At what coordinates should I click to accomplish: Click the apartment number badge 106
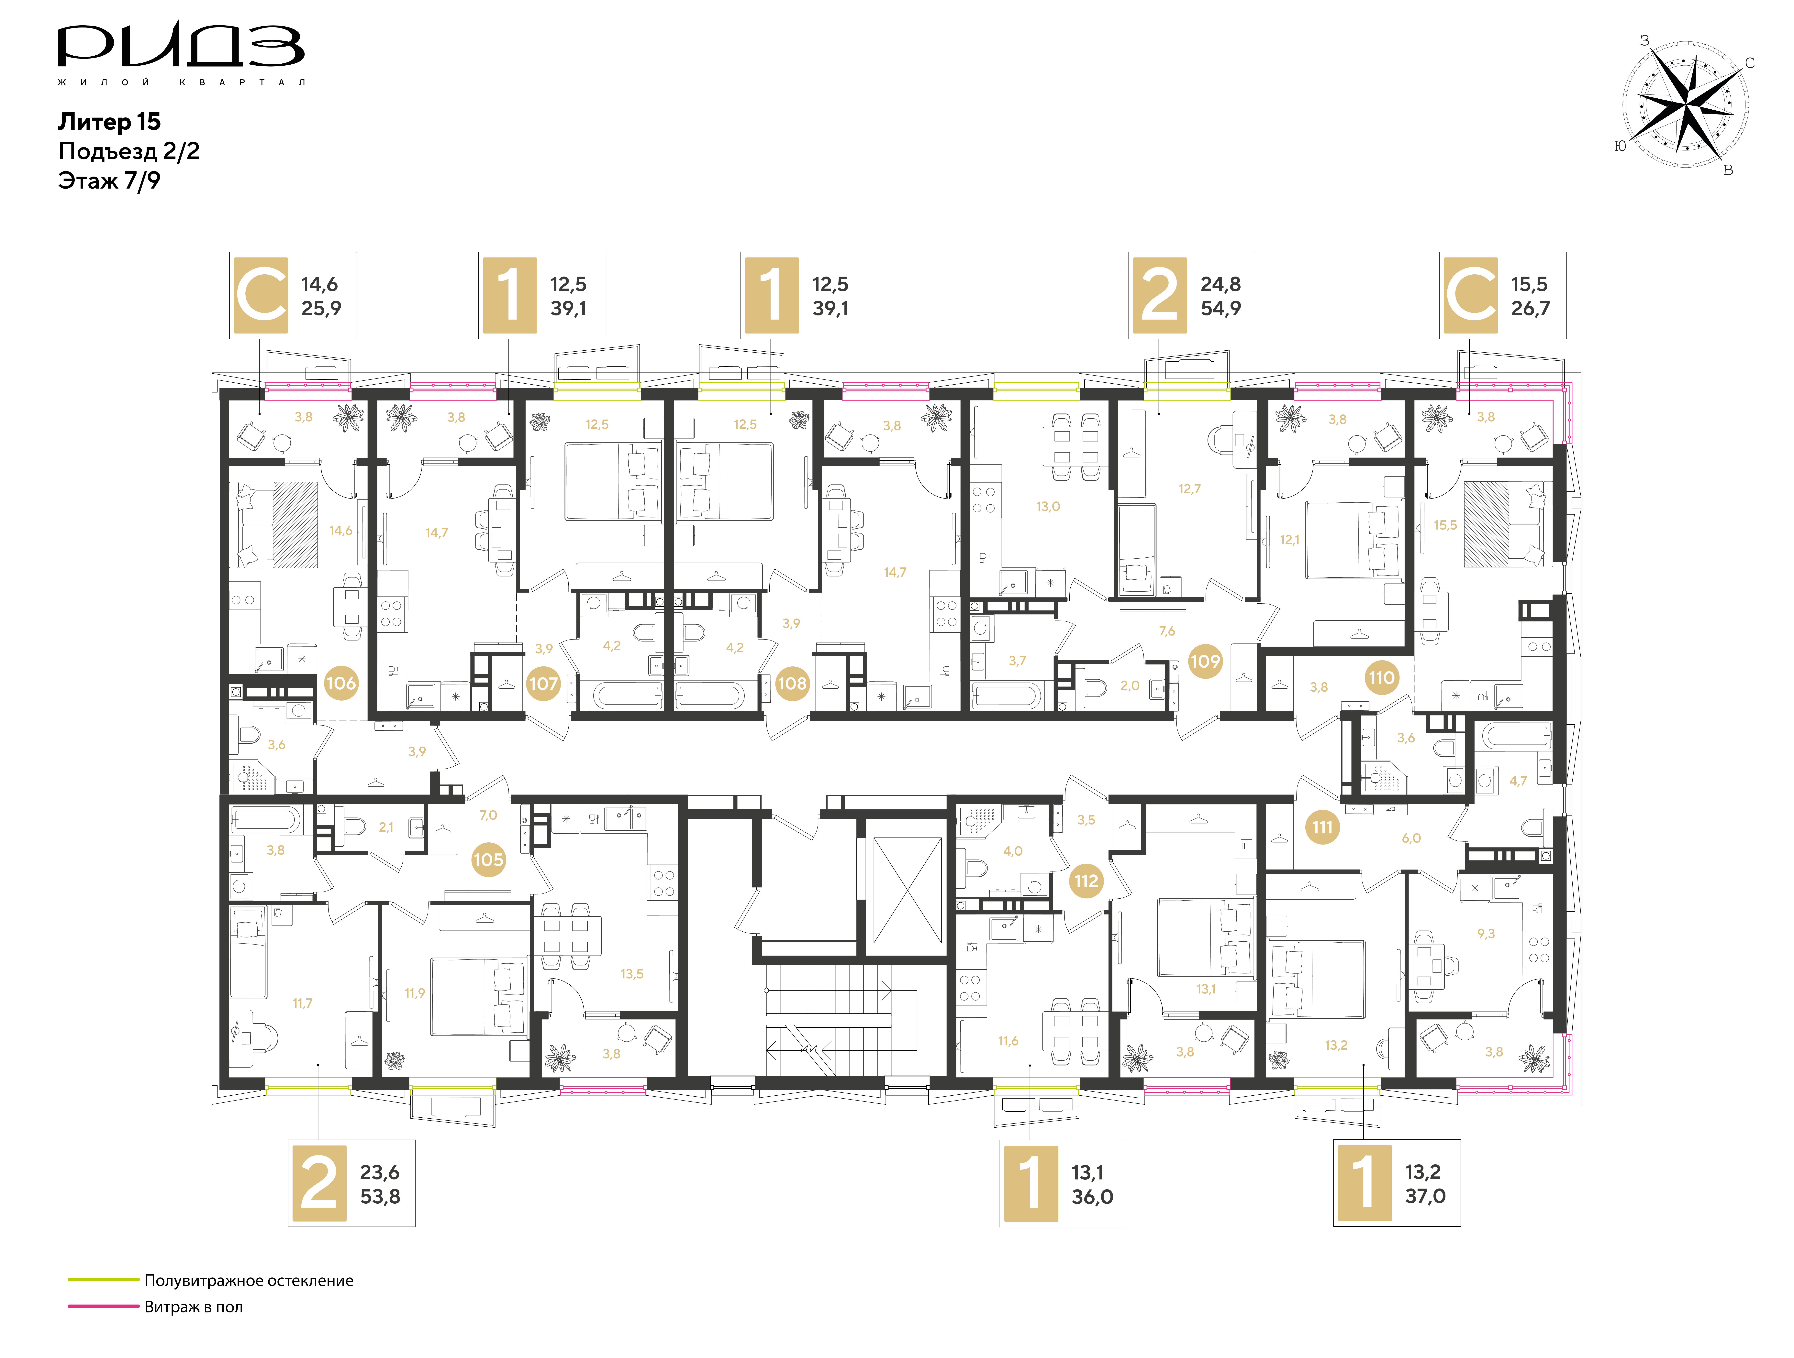pos(341,683)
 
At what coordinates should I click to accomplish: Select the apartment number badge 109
pos(1204,661)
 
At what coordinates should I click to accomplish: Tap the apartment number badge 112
pos(1086,881)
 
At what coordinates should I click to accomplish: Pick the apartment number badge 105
pos(488,859)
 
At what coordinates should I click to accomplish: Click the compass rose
pos(1685,105)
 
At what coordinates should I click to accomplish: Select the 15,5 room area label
pos(1445,525)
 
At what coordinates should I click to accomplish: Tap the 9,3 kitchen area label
pos(1486,934)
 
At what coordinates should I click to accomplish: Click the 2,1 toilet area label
pos(386,827)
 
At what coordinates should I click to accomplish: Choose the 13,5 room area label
pos(632,974)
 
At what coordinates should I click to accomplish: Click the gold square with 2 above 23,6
pos(319,1184)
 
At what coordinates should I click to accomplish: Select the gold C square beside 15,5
pos(1470,295)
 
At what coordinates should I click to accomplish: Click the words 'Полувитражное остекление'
pos(249,1281)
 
